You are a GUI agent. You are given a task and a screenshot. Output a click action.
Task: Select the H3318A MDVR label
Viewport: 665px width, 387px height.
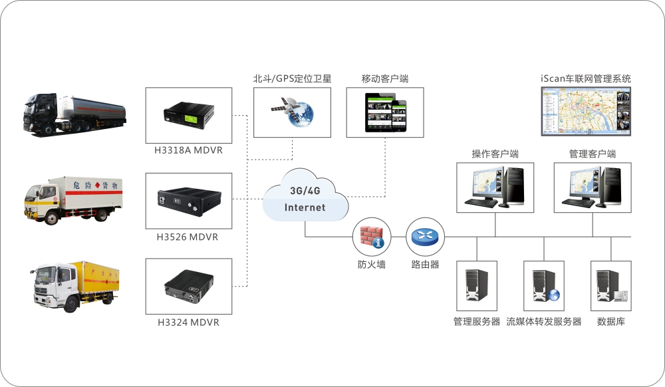point(189,150)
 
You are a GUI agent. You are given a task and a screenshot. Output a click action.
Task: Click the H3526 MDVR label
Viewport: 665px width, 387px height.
point(188,237)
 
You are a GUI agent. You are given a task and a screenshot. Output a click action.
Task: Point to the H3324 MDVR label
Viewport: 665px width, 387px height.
point(188,322)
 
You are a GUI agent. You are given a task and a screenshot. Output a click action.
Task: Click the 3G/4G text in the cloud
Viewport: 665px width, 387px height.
point(305,190)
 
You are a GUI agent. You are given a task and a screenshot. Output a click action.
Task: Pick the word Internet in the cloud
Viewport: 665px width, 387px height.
point(305,207)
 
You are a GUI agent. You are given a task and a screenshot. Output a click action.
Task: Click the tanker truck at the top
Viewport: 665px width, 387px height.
point(74,115)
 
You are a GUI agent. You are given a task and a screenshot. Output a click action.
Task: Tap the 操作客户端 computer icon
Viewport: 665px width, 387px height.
point(495,187)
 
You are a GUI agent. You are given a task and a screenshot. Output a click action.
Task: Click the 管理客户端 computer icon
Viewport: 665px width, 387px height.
point(593,187)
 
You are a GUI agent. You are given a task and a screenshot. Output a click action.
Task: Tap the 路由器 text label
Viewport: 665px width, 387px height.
point(426,265)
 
